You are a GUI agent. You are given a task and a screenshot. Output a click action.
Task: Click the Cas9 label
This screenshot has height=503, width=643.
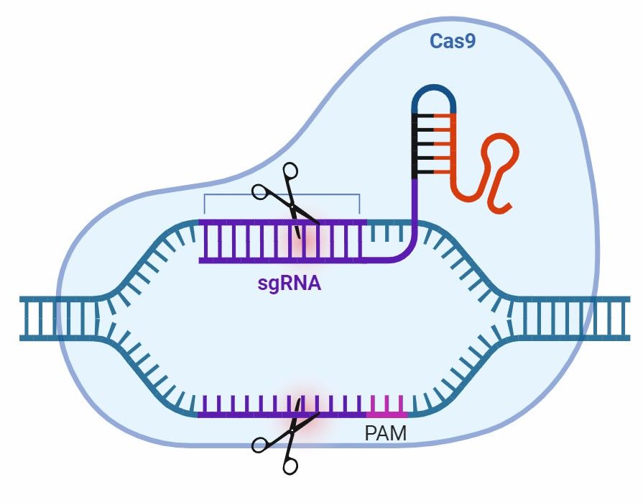click(x=453, y=41)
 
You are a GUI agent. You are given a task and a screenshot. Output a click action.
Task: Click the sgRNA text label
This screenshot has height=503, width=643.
click(x=290, y=283)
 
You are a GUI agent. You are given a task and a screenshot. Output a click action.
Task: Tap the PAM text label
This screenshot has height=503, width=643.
click(x=386, y=434)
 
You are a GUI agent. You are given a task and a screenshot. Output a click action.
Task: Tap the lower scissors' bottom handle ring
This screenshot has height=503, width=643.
click(x=290, y=466)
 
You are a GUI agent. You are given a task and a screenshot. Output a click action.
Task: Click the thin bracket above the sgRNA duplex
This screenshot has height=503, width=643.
click(x=282, y=194)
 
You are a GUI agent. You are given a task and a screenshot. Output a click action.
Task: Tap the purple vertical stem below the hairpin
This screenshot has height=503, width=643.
click(x=415, y=209)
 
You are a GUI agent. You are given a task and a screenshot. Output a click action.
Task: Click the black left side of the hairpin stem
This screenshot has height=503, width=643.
click(x=415, y=144)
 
